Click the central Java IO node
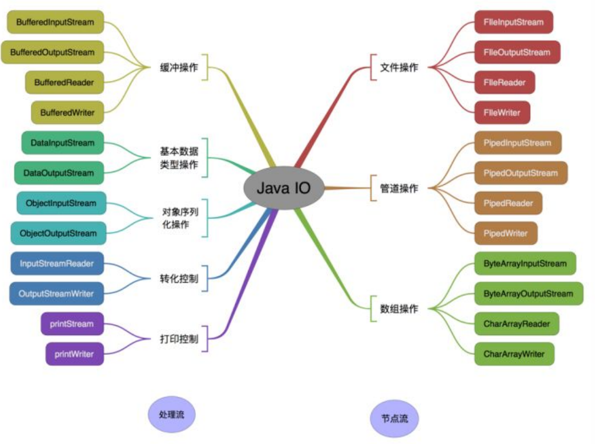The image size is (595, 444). (x=284, y=188)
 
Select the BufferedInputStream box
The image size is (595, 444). (x=55, y=23)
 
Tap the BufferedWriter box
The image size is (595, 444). (x=67, y=113)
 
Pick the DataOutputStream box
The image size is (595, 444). (x=59, y=173)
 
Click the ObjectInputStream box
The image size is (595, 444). (x=60, y=203)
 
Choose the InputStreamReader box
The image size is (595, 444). (x=57, y=264)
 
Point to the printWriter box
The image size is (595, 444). (x=74, y=354)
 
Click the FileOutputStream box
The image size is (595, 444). (x=517, y=52)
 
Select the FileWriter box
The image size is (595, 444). (x=502, y=113)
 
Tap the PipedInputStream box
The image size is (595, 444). (x=517, y=143)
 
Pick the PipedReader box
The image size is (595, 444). (x=508, y=203)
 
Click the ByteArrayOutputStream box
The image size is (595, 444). (x=528, y=294)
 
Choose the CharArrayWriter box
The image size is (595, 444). (x=514, y=354)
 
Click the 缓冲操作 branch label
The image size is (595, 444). (x=179, y=67)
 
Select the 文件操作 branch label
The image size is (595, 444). (x=399, y=67)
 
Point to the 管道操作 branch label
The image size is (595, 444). (x=399, y=188)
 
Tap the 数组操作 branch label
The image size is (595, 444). (x=399, y=309)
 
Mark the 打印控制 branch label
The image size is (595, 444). (x=179, y=339)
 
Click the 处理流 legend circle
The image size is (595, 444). (x=172, y=415)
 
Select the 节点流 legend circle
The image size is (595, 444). (x=395, y=418)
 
